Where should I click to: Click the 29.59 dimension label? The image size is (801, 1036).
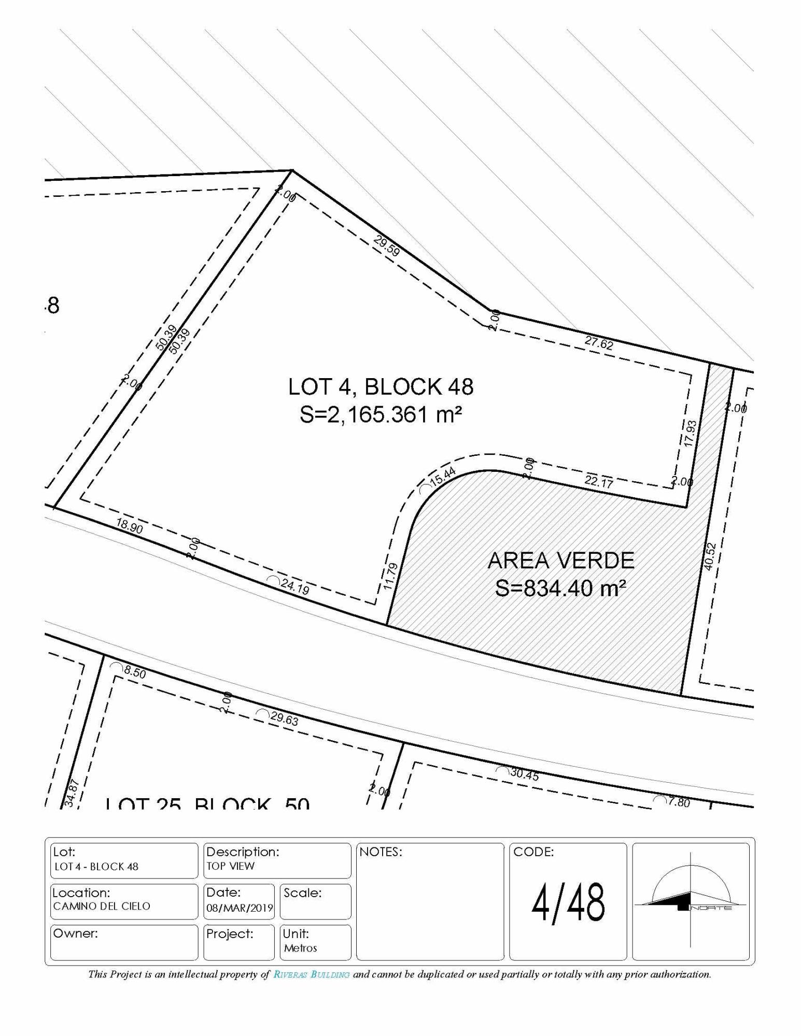pyautogui.click(x=387, y=245)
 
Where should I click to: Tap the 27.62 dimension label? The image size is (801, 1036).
pyautogui.click(x=599, y=342)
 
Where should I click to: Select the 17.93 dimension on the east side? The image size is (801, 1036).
pyautogui.click(x=690, y=433)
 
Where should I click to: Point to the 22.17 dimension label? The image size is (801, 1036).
pyautogui.click(x=599, y=481)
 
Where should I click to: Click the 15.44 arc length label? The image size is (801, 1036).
pyautogui.click(x=442, y=476)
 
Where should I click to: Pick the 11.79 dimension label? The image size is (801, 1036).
pyautogui.click(x=391, y=577)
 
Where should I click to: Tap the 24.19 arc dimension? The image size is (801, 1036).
pyautogui.click(x=294, y=587)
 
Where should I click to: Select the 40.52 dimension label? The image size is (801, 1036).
pyautogui.click(x=710, y=556)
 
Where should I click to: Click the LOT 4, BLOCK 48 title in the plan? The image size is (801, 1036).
pyautogui.click(x=381, y=386)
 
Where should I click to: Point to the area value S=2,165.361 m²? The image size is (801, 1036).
pyautogui.click(x=381, y=414)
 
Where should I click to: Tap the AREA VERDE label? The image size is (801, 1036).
pyautogui.click(x=561, y=560)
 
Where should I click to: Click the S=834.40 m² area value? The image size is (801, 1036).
pyautogui.click(x=561, y=588)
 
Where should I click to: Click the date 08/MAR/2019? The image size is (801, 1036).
pyautogui.click(x=240, y=908)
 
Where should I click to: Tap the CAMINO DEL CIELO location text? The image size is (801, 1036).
pyautogui.click(x=102, y=906)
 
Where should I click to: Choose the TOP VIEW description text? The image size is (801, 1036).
pyautogui.click(x=231, y=866)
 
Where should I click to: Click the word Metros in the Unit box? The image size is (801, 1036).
pyautogui.click(x=301, y=948)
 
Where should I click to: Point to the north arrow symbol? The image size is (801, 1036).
pyautogui.click(x=691, y=901)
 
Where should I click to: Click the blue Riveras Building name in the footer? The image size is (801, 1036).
pyautogui.click(x=312, y=974)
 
